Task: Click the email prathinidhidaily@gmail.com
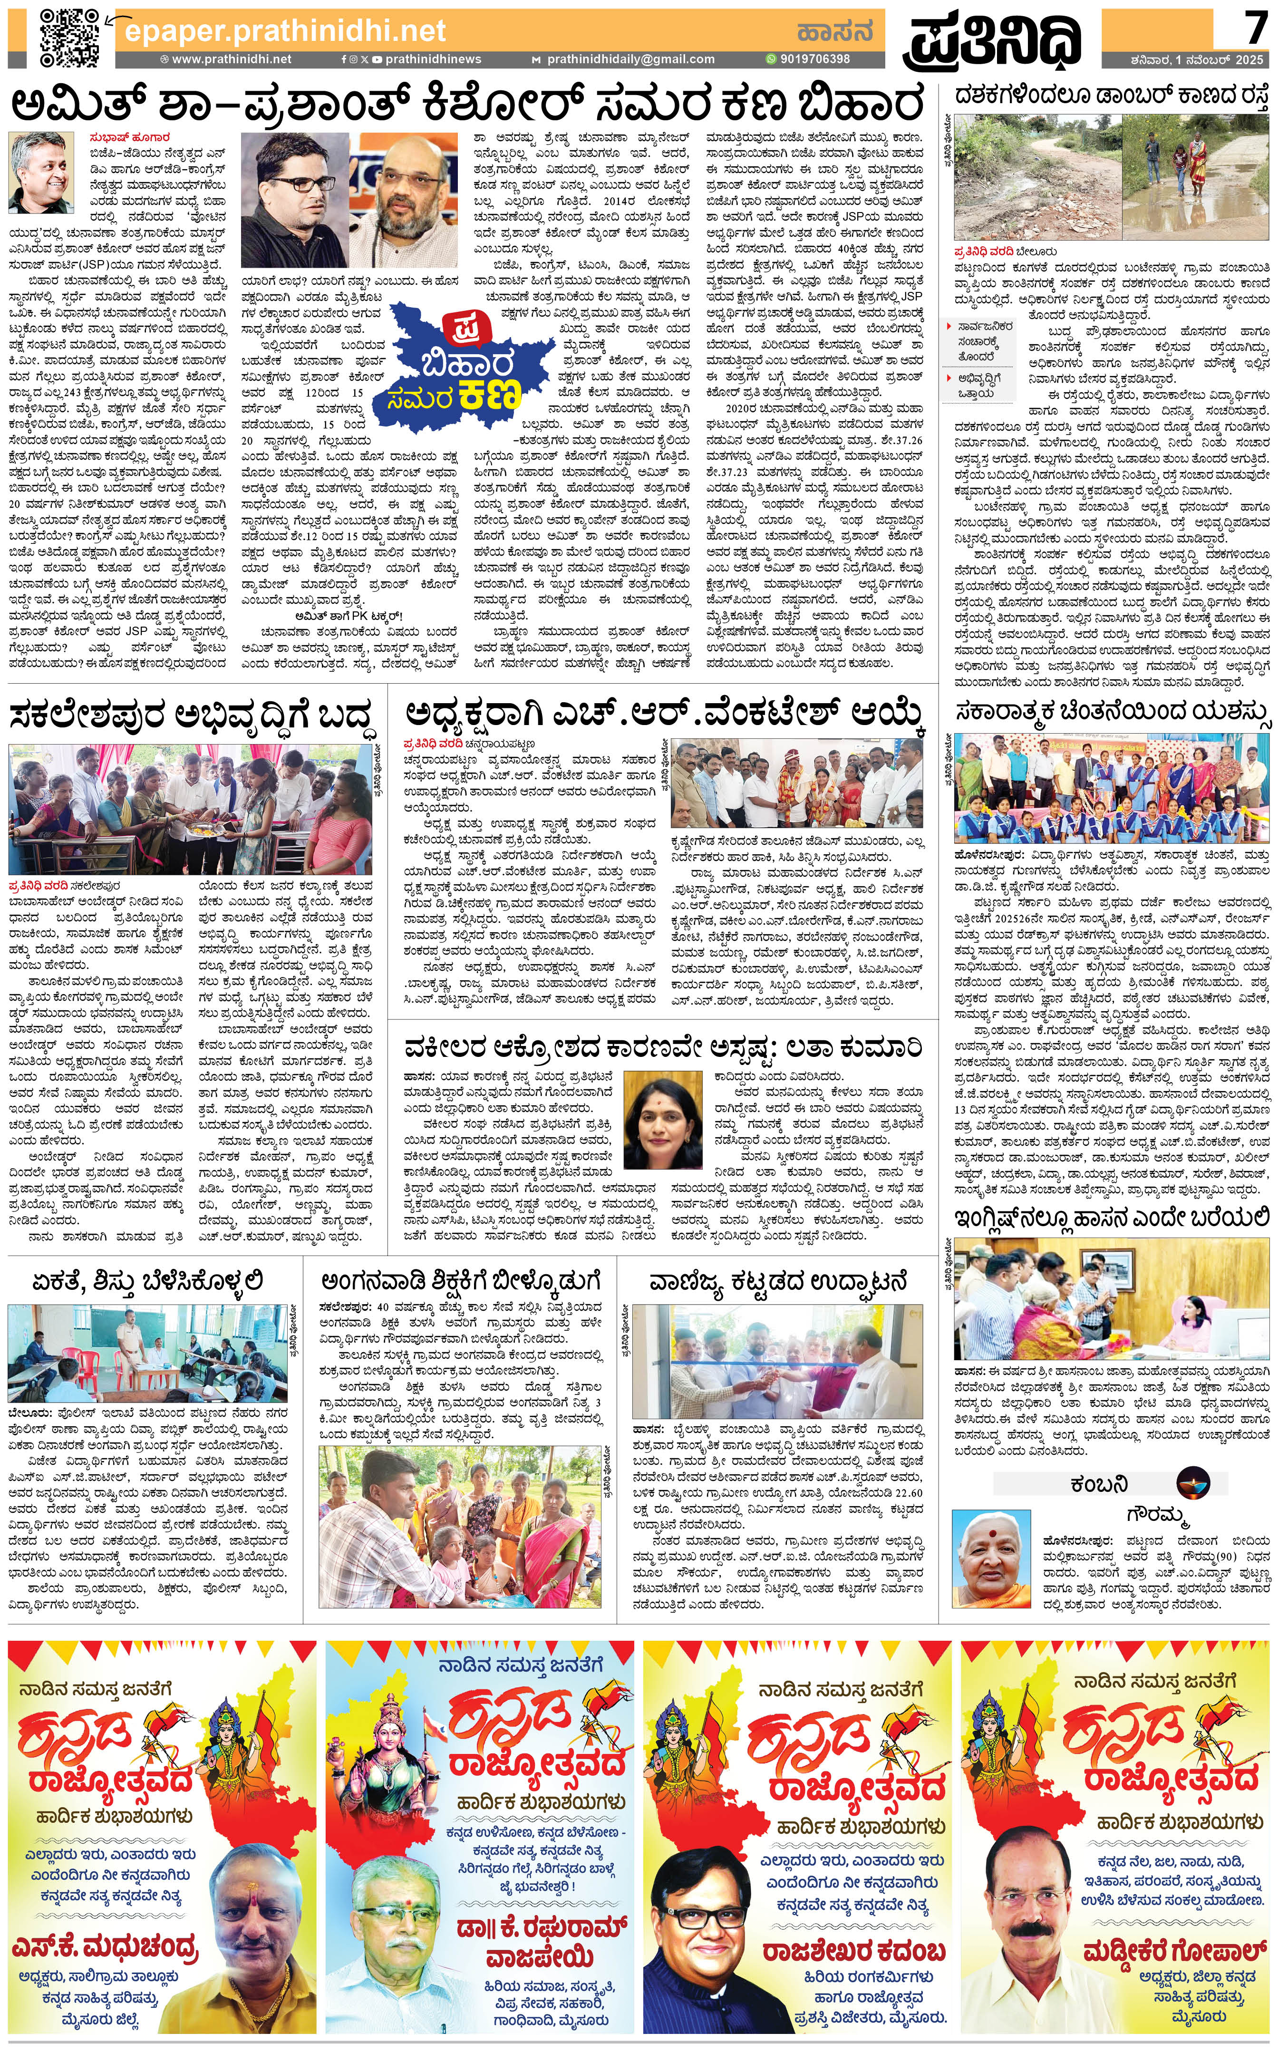(629, 59)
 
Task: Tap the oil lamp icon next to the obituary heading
(1192, 1482)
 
